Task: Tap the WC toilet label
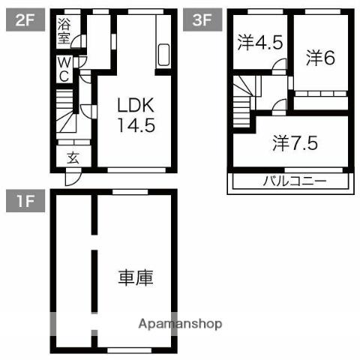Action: pos(64,70)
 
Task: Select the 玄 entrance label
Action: pos(73,157)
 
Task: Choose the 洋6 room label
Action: pos(320,58)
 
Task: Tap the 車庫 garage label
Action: pos(136,278)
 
